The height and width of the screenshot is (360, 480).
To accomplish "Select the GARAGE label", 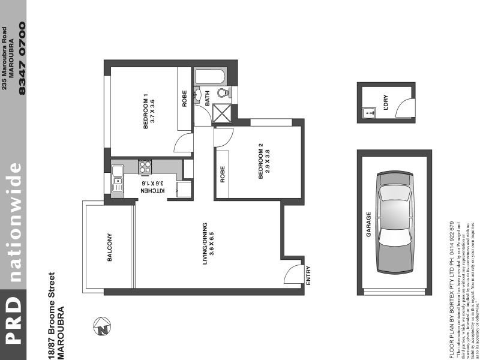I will coord(369,224).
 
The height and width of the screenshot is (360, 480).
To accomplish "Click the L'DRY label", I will coord(379,103).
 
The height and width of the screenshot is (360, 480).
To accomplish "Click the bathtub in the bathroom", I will coord(209,77).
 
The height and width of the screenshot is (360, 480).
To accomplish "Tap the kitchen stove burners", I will coord(145,166).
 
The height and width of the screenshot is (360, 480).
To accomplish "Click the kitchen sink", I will coord(118,178).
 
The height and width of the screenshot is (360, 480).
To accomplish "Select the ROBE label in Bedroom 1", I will coord(185,98).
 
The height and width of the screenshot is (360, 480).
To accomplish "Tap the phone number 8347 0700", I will coord(23,58).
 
